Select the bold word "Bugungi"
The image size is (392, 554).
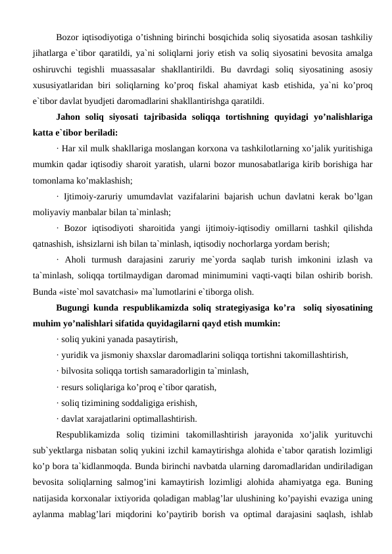click(74, 307)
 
